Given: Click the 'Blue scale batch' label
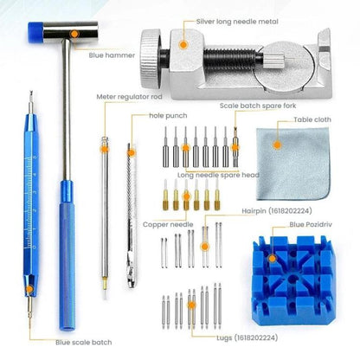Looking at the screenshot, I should pyautogui.click(x=81, y=342).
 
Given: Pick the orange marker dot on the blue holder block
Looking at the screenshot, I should pyautogui.click(x=273, y=255).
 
